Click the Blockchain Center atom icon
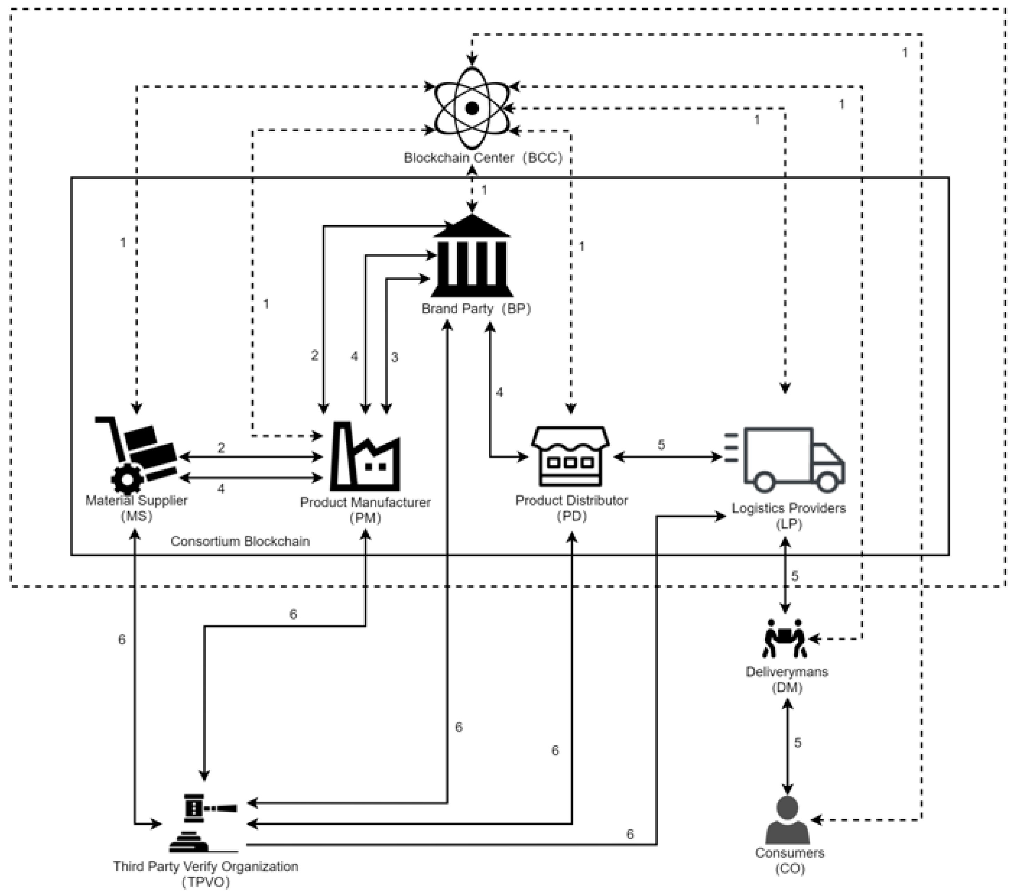tap(472, 108)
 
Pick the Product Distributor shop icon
tap(571, 456)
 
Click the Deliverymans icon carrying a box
tap(785, 638)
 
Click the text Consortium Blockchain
tap(240, 541)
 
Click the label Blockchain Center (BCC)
tap(483, 158)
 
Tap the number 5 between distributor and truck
tap(661, 445)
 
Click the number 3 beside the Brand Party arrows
tap(394, 357)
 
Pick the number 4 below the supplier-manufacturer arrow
tap(221, 489)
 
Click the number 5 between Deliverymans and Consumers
tap(798, 743)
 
